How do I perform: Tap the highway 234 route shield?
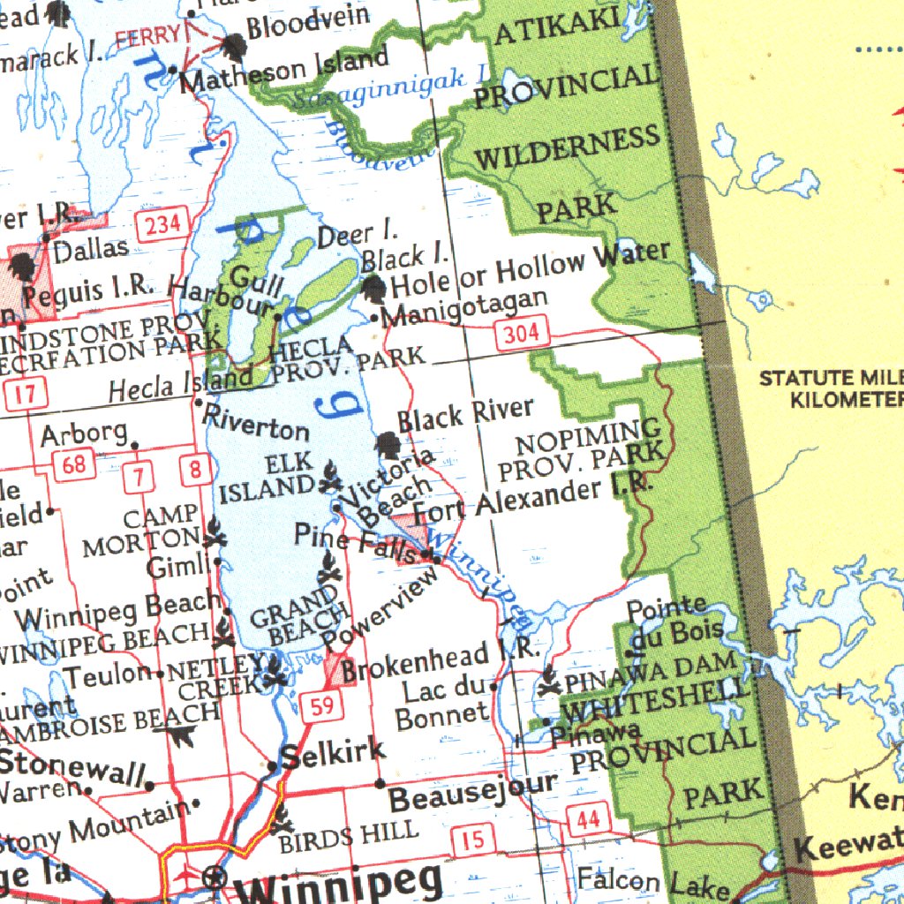point(162,224)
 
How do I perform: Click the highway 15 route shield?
point(473,839)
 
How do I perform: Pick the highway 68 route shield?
point(73,464)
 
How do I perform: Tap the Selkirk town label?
point(332,753)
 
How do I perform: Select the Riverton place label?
point(257,423)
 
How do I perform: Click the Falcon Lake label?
point(652,882)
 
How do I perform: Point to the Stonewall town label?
point(72,767)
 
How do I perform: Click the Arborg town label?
point(84,433)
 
